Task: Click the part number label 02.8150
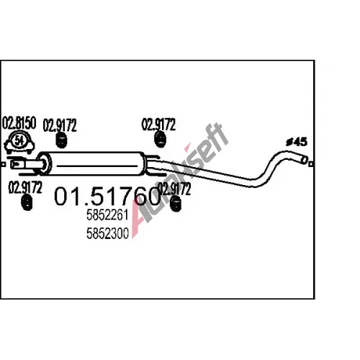pos(19,123)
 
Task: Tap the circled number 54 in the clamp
pos(19,140)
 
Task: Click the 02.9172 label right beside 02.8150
pos(60,125)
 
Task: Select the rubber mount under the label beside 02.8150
pos(61,140)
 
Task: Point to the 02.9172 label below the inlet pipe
pos(25,187)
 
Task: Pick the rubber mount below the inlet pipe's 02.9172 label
pos(27,203)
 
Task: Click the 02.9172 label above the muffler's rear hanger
pos(158,125)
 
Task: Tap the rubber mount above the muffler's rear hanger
pos(160,139)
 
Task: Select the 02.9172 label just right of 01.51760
pos(174,189)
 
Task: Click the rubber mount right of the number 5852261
pos(176,204)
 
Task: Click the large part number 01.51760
pos(107,197)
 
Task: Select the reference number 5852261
pos(107,215)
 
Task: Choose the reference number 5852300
pos(107,233)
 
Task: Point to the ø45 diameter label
pos(297,142)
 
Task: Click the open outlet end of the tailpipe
pos(304,160)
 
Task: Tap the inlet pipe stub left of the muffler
pos(27,165)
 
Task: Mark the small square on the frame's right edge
pos(311,164)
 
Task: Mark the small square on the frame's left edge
pos(3,164)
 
